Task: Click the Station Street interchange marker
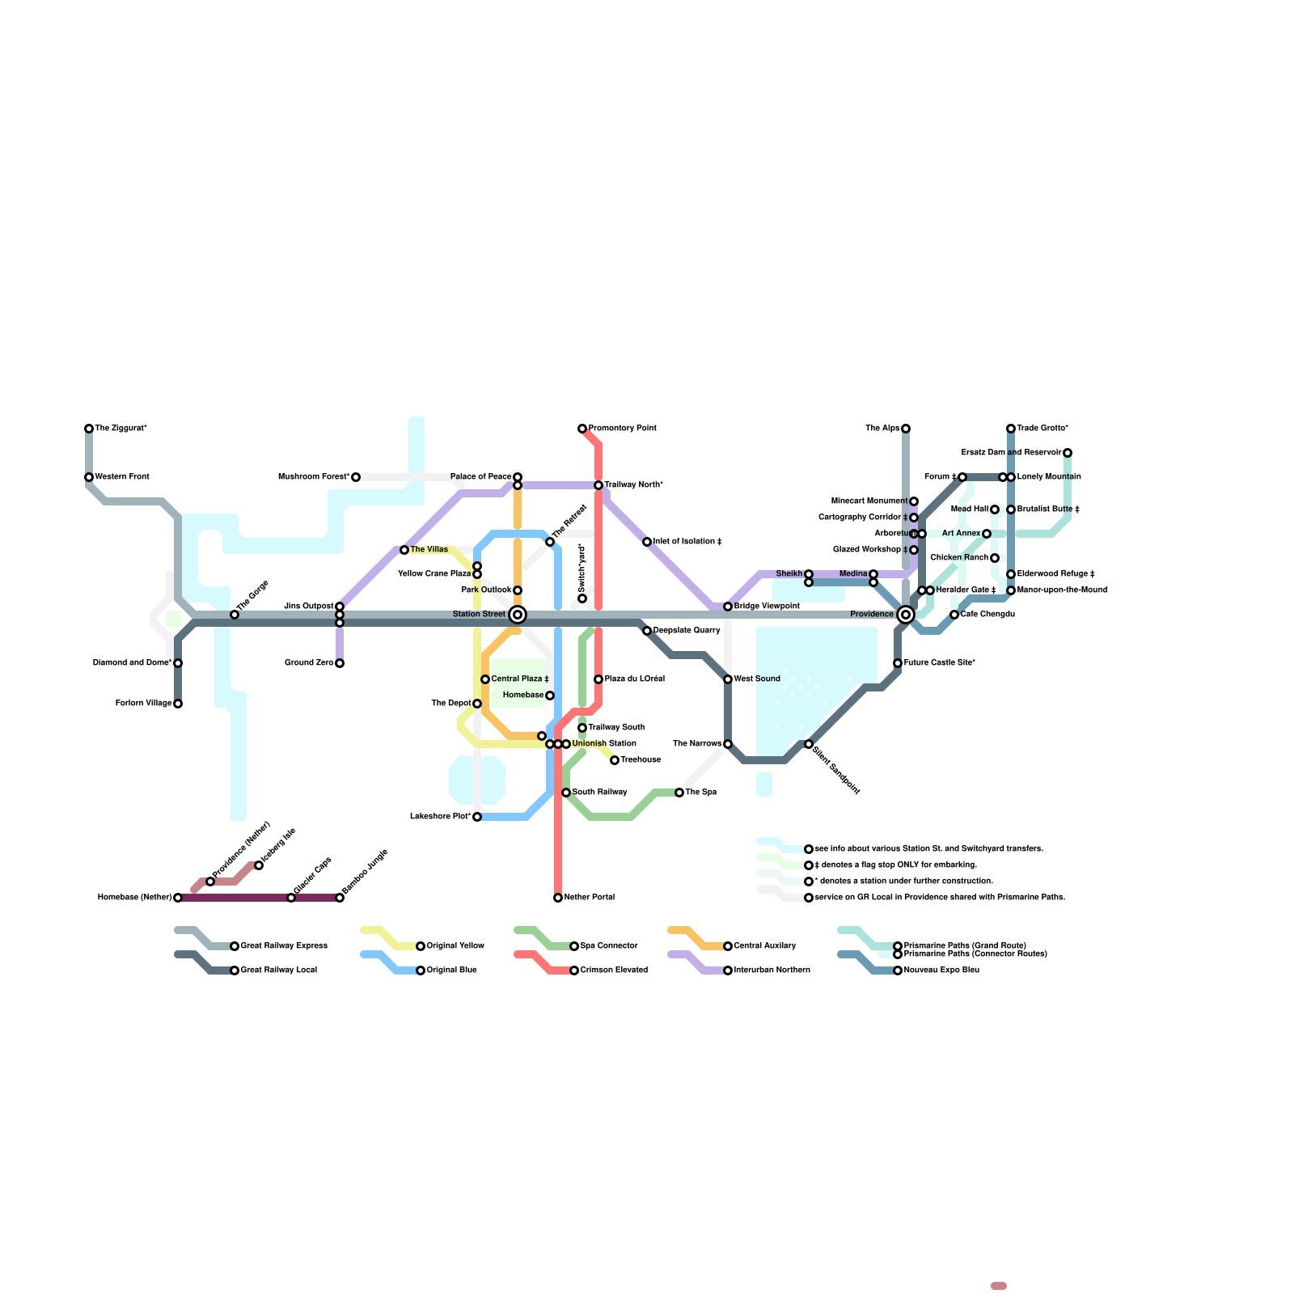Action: point(518,615)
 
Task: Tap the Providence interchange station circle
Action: point(906,615)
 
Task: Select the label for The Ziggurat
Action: point(121,429)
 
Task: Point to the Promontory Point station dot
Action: point(582,429)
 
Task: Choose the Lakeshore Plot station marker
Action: point(477,817)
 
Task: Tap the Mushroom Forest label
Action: point(314,477)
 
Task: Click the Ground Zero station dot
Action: point(340,663)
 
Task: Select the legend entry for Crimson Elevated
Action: point(614,970)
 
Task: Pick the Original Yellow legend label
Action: point(455,946)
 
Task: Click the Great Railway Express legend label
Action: point(284,946)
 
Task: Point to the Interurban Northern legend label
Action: point(772,970)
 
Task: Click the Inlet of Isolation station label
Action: point(687,542)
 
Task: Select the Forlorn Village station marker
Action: point(178,704)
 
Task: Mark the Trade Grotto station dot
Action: point(1011,429)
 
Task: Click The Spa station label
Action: point(700,793)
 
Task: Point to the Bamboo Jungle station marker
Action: point(340,898)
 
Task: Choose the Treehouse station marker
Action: point(615,760)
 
